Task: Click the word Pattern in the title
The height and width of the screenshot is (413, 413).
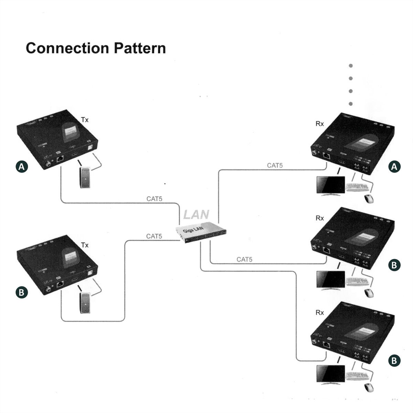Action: point(140,48)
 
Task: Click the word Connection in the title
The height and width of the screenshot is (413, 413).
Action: point(68,48)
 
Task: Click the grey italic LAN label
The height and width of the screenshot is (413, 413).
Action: point(196,214)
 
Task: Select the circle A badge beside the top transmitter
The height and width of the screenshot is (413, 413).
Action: point(21,167)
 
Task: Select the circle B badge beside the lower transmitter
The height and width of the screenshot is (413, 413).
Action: point(21,293)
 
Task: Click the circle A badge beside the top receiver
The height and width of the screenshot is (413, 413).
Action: point(394,167)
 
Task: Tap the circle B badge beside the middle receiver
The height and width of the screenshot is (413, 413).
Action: point(394,265)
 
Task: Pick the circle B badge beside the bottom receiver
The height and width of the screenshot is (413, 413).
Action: point(394,360)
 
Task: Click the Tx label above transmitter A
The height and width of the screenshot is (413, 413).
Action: point(84,120)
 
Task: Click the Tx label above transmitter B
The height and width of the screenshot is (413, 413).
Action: point(84,245)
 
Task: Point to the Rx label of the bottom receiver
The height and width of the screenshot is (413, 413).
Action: point(320,313)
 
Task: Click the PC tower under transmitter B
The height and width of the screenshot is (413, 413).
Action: point(85,303)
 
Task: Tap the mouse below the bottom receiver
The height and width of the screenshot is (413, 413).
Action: point(369,388)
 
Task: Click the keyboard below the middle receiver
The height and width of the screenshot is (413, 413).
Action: point(357,282)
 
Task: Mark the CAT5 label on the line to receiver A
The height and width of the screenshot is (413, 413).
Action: point(275,166)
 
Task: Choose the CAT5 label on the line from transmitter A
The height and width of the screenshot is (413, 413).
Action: point(154,199)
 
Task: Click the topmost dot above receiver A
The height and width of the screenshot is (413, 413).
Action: point(351,65)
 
